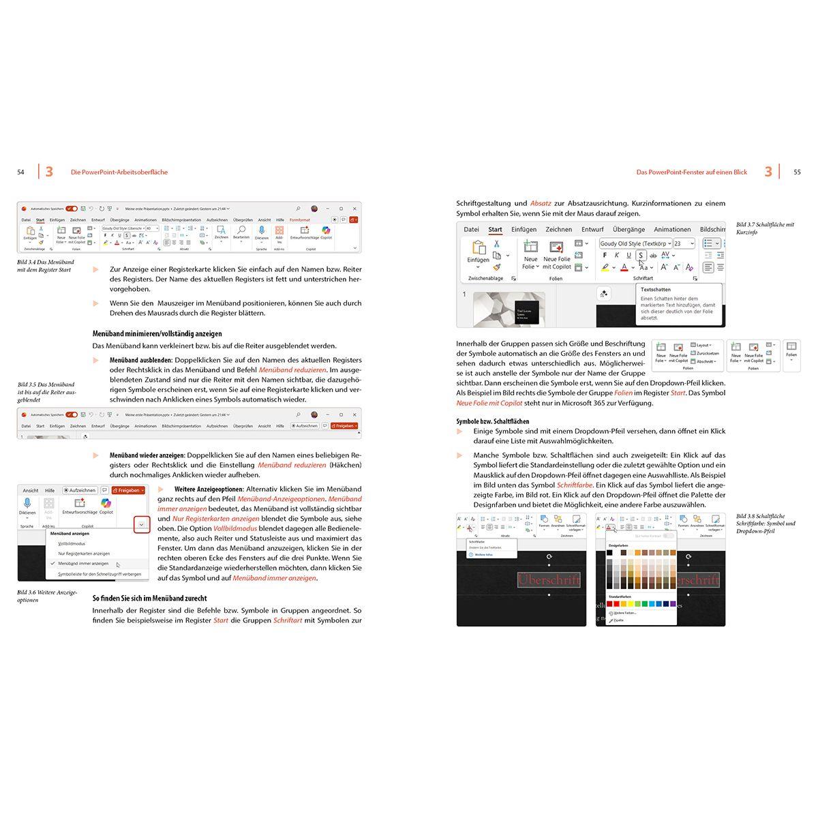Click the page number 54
20,172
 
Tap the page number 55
797,172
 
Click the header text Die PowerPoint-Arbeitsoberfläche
119,172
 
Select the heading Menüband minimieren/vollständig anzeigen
157,334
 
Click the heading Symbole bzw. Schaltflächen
492,421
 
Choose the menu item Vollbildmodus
72,543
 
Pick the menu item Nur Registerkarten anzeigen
84,554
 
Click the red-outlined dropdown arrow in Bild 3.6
141,524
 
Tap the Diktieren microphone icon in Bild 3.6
27,503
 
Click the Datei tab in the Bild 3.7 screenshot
471,230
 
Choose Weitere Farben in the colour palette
625,613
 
